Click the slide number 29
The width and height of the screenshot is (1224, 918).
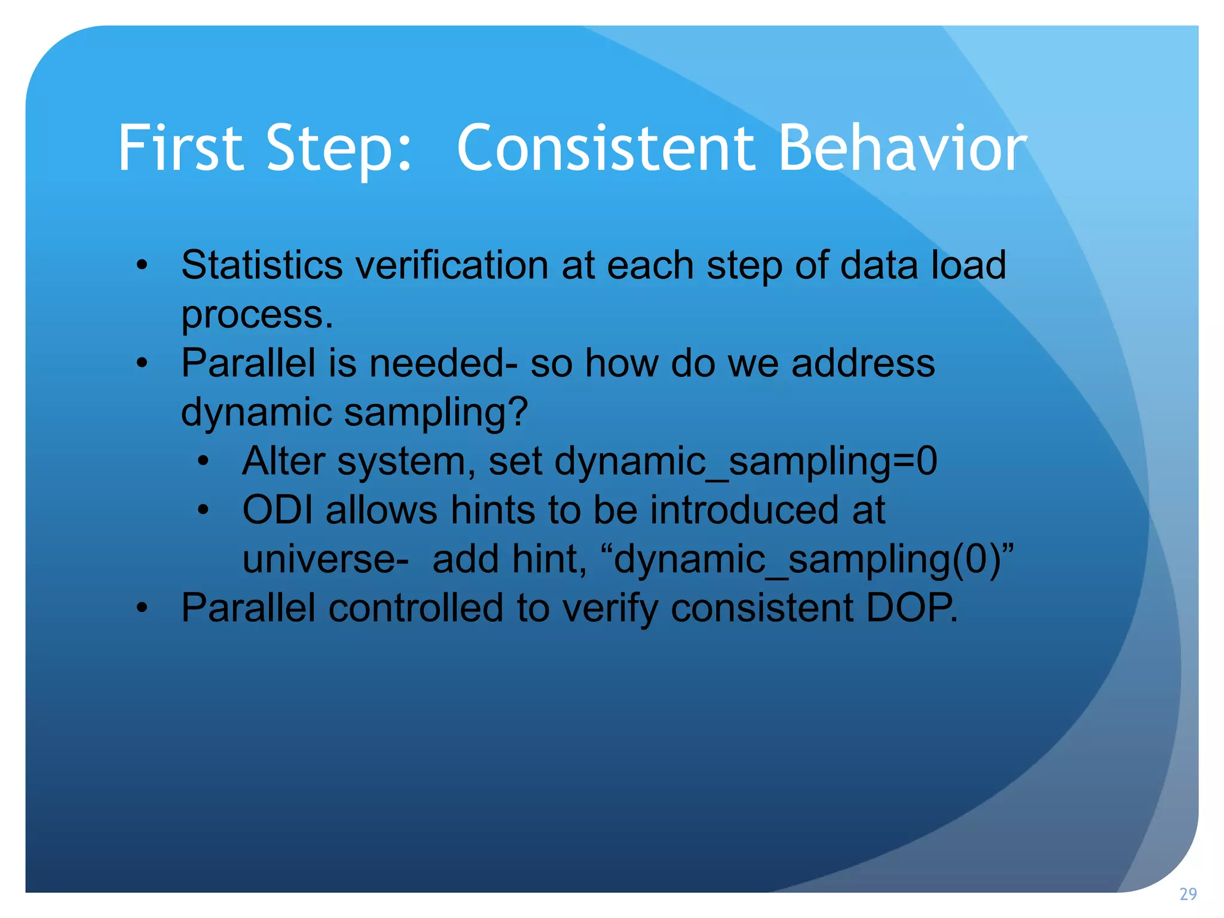(x=1188, y=894)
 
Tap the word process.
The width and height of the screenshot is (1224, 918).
(x=257, y=316)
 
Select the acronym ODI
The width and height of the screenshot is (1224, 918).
(x=277, y=510)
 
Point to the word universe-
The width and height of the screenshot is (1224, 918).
(x=326, y=559)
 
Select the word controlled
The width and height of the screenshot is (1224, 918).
(x=416, y=608)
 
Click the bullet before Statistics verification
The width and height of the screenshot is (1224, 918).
(x=142, y=265)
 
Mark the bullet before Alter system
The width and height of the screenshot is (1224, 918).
(x=203, y=461)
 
